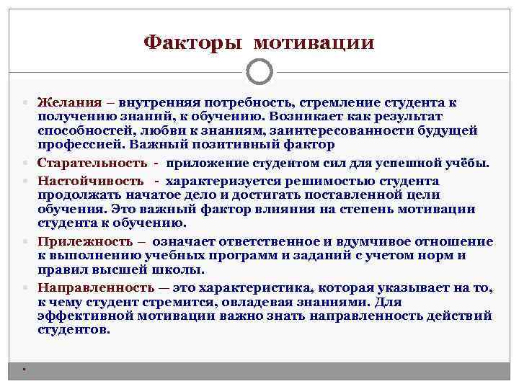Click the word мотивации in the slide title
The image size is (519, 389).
pyautogui.click(x=314, y=43)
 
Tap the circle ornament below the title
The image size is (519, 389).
pyautogui.click(x=259, y=71)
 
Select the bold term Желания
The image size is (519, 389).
pyautogui.click(x=66, y=102)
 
